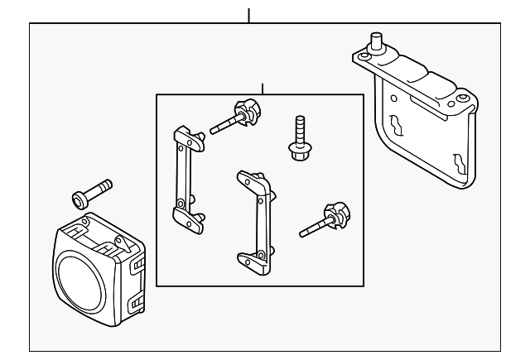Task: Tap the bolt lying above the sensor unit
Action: [x=92, y=193]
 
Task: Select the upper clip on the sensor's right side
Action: [x=137, y=263]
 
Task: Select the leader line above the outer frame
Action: [x=248, y=15]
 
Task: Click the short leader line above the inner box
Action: [x=262, y=88]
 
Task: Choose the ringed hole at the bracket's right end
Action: [x=464, y=97]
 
